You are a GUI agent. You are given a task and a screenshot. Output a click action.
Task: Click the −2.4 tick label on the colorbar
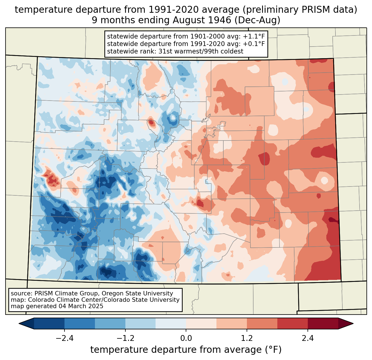click(64, 338)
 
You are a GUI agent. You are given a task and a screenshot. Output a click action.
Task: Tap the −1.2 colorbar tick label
click(125, 338)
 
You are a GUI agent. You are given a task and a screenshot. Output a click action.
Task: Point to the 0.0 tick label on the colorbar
click(186, 338)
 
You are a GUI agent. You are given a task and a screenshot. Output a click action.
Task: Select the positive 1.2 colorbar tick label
click(247, 338)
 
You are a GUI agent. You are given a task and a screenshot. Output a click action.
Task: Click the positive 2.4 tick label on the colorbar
click(308, 338)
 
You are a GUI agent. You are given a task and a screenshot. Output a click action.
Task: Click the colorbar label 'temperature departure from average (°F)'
click(186, 350)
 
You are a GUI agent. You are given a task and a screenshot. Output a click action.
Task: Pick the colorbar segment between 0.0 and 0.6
click(201, 323)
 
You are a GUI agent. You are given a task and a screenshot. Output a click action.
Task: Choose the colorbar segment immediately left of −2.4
click(49, 323)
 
